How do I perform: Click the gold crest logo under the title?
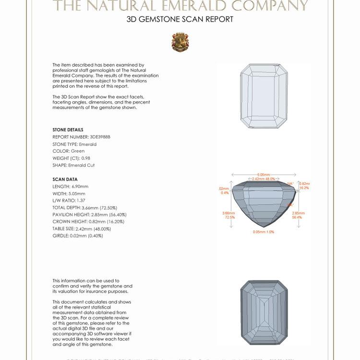pos(180,42)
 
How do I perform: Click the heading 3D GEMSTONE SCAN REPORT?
pos(180,19)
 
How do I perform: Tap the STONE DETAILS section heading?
pos(68,130)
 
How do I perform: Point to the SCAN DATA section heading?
pos(65,179)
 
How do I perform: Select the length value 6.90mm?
pos(80,186)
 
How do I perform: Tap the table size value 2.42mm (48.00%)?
pos(96,228)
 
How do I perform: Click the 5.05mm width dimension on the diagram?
pos(264,175)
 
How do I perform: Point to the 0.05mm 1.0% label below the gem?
pos(264,232)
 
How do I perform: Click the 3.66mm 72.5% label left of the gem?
pos(228,215)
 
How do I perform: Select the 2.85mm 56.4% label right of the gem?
pos(299,215)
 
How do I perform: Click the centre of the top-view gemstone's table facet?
pos(263,96)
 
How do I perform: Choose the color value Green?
pos(78,151)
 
